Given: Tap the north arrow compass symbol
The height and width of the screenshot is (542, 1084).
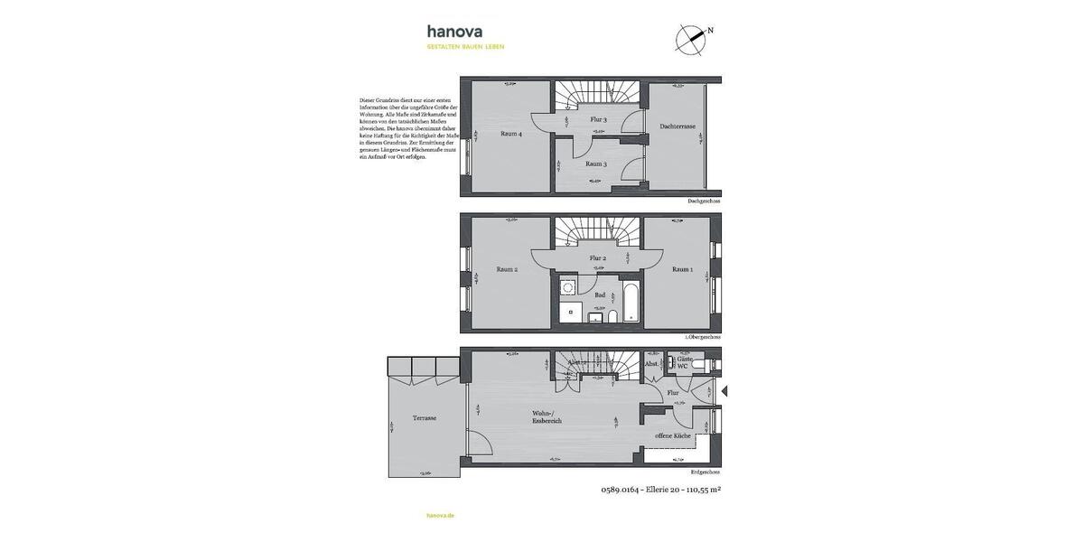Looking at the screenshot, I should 690,39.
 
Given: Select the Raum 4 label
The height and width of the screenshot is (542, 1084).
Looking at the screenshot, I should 511,134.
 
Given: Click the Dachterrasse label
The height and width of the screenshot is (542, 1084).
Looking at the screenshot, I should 677,126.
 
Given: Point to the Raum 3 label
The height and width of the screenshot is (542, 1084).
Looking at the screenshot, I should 595,164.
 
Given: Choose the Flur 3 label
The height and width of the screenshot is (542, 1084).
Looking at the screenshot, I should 598,119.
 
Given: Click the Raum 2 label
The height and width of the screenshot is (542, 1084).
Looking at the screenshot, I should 507,269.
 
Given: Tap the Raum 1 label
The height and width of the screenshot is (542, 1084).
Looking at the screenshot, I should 682,269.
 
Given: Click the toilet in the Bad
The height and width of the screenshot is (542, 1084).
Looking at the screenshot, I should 613,316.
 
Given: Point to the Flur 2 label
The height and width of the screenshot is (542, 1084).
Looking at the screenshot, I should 597,258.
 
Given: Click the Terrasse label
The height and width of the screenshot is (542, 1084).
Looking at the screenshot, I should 425,418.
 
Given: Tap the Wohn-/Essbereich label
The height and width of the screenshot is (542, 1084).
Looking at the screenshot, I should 547,416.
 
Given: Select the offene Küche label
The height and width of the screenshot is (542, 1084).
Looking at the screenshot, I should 673,435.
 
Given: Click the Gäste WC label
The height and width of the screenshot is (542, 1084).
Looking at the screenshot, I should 684,362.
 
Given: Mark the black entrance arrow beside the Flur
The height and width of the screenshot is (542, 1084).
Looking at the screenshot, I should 724,391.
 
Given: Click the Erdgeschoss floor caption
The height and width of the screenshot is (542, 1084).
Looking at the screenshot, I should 705,472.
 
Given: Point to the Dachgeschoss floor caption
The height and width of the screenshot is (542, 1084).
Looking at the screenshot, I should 704,201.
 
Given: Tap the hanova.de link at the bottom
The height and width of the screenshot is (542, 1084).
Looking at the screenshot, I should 440,515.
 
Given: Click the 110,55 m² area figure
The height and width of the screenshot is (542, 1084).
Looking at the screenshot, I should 703,490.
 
